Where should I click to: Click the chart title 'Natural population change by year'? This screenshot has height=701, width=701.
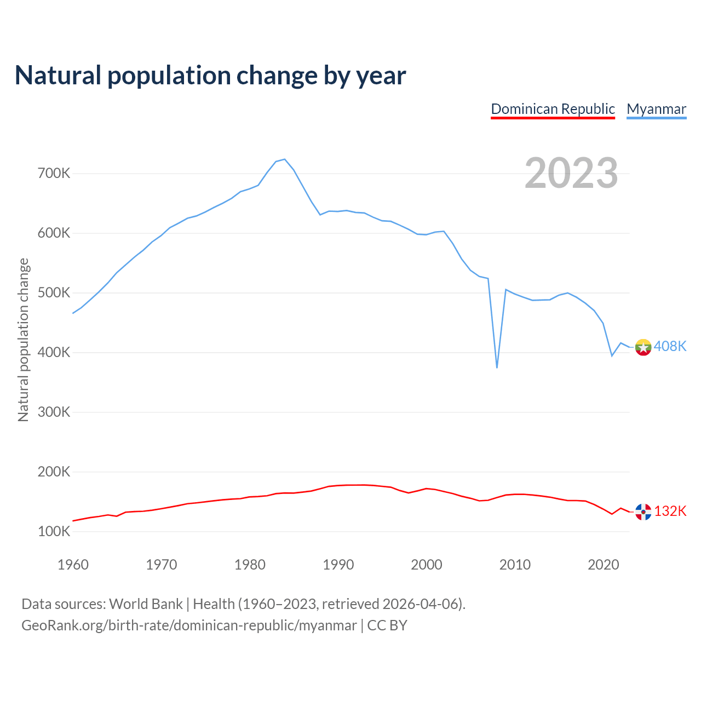[x=210, y=76]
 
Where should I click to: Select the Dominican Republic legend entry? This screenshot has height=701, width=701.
[x=553, y=109]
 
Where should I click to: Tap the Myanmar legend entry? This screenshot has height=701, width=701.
[x=656, y=109]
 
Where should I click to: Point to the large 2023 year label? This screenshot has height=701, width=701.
[x=571, y=173]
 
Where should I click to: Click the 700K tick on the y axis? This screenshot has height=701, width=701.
[x=54, y=174]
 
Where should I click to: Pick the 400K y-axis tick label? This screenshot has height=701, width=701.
[x=54, y=352]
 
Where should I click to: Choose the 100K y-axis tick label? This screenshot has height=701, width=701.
[x=54, y=531]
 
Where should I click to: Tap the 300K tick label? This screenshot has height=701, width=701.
[x=54, y=412]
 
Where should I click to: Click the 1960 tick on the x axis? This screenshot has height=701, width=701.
[x=73, y=565]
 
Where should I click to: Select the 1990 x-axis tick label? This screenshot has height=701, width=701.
[x=338, y=565]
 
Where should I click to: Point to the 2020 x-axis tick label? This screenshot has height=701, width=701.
[x=603, y=565]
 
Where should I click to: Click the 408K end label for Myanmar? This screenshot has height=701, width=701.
[x=670, y=346]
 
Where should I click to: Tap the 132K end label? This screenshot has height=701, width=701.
[x=670, y=511]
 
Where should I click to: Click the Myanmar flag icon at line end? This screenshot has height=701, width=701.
[x=643, y=347]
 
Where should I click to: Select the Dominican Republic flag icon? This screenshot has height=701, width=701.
[x=643, y=512]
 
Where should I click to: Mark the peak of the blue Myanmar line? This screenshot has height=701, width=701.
[x=285, y=159]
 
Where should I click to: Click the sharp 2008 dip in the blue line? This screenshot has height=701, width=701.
[x=497, y=367]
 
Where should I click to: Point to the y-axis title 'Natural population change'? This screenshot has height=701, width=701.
[x=23, y=340]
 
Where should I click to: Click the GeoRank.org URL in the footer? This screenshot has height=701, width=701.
[x=189, y=625]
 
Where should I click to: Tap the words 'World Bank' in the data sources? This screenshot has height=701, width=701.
[x=146, y=604]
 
